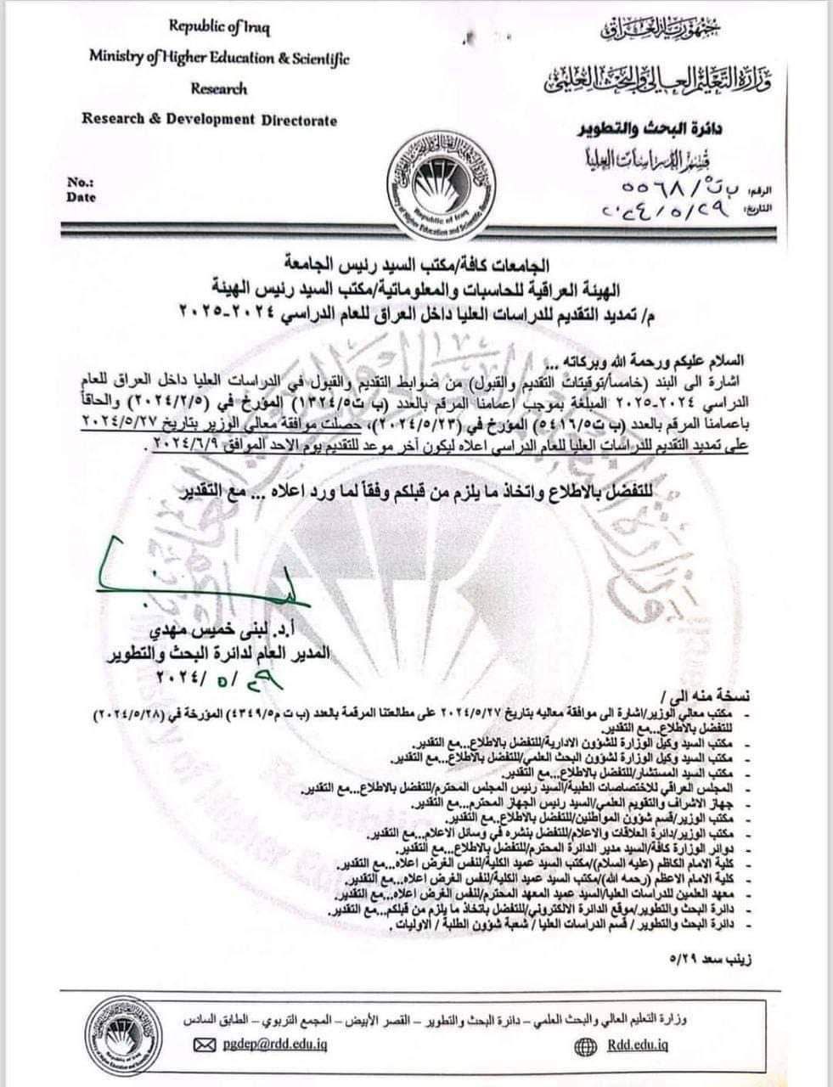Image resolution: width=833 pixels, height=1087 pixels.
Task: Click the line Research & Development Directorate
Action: (x=209, y=119)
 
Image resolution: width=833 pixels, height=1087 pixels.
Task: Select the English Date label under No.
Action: (x=81, y=198)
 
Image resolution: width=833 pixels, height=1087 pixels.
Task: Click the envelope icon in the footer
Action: (x=205, y=1045)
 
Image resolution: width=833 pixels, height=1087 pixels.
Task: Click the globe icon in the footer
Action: (x=584, y=1045)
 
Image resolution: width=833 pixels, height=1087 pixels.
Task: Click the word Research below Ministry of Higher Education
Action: (x=219, y=88)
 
